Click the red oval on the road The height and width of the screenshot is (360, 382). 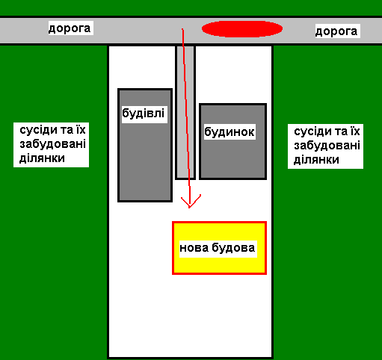pos(242,29)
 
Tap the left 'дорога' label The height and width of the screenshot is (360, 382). pos(70,28)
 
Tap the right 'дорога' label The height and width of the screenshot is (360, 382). pos(336,31)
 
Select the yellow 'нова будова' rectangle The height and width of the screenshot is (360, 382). pos(219,248)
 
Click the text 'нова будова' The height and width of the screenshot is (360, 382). pos(218,248)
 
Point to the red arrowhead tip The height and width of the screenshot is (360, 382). pos(189,208)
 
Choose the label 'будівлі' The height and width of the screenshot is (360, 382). pos(144,114)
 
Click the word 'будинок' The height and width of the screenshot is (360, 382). pos(229,131)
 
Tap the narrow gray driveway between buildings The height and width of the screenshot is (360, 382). pos(185,112)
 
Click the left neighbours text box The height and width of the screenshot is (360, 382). pos(52,145)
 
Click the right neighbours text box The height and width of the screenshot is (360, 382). pos(325,146)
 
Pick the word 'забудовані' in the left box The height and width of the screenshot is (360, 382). pos(53,144)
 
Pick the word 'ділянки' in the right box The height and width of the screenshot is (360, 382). pos(316,160)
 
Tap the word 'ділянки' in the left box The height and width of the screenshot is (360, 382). pos(42,158)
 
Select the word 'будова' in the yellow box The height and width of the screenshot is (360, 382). pos(233,248)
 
